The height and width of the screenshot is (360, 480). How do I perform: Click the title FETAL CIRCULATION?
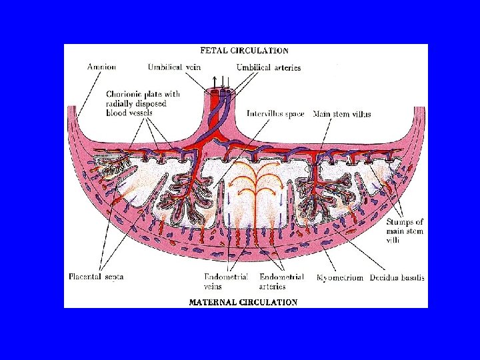(x=245, y=50)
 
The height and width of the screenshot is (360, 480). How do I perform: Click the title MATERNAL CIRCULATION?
(x=243, y=302)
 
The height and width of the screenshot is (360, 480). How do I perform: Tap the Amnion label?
(x=101, y=67)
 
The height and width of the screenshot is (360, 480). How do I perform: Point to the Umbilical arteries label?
(x=268, y=67)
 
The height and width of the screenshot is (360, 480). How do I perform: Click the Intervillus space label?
(x=275, y=114)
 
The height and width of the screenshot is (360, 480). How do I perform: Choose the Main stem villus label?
(x=342, y=114)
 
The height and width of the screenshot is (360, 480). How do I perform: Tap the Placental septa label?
(x=96, y=277)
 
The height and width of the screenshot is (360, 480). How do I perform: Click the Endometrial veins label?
(x=226, y=281)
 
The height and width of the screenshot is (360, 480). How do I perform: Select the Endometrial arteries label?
(x=281, y=281)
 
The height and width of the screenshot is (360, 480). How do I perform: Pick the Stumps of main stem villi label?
(x=405, y=231)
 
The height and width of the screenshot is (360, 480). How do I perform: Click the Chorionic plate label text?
(x=142, y=103)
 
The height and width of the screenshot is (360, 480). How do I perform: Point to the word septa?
(x=113, y=277)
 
